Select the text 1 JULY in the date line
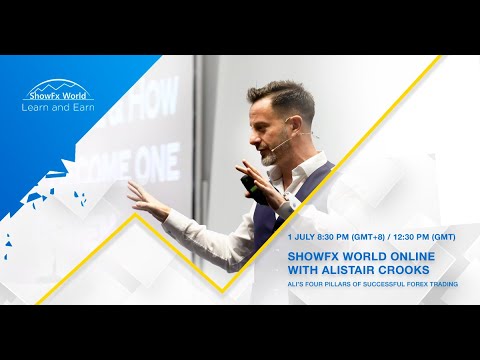(299, 238)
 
